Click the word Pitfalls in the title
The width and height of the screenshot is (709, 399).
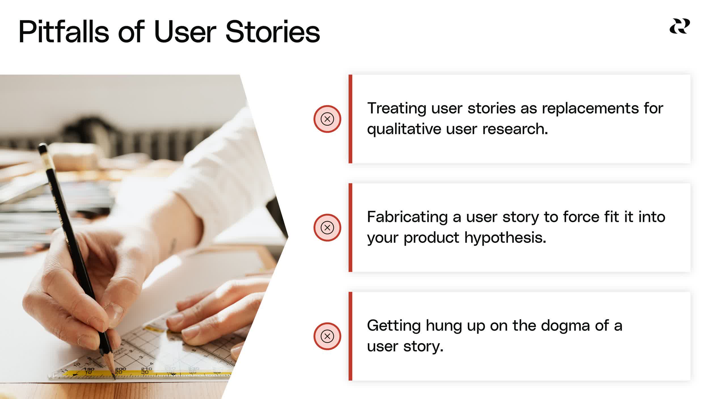coord(64,32)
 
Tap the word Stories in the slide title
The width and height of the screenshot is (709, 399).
coord(272,32)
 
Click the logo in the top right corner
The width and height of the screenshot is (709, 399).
coord(680,26)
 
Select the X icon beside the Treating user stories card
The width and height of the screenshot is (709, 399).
coord(327,119)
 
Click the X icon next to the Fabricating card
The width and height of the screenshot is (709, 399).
coord(327,228)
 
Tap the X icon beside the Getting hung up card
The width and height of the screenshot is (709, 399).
coord(327,336)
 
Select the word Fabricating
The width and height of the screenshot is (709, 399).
coord(407,217)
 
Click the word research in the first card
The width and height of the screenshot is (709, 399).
coord(515,129)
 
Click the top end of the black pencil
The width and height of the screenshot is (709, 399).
coord(43,147)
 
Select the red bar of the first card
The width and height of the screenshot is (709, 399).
coord(350,119)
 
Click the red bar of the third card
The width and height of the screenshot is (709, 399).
coord(350,336)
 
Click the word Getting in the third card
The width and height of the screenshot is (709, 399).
coord(394,326)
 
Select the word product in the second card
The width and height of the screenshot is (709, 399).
coord(431,238)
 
